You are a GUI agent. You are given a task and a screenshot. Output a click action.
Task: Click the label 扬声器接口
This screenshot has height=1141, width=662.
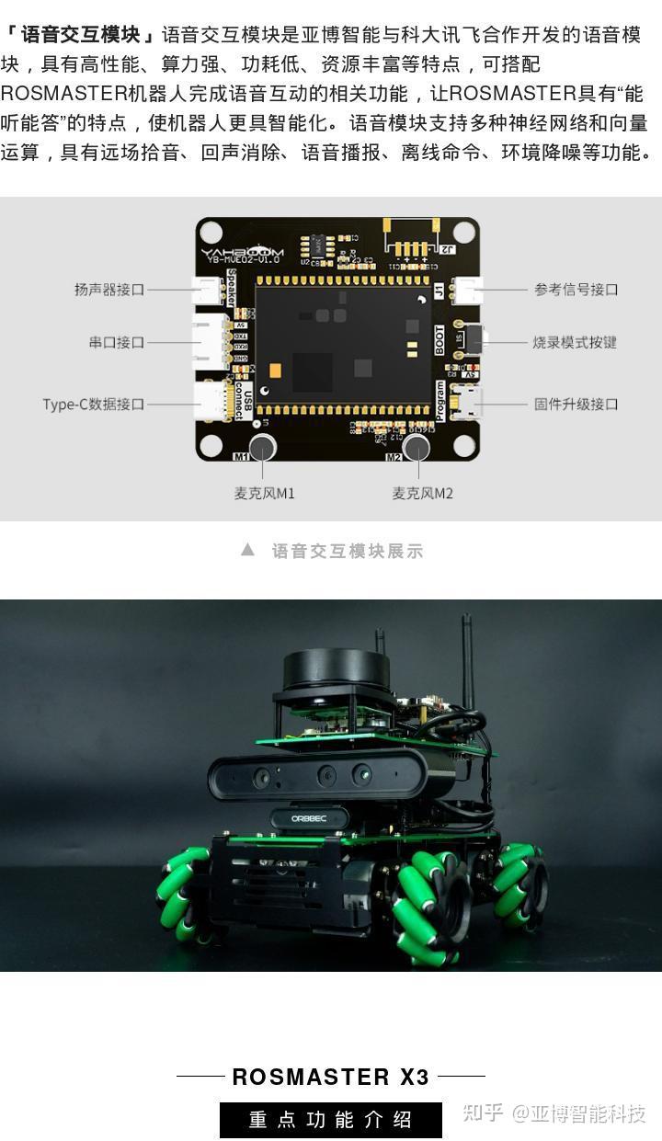point(109,290)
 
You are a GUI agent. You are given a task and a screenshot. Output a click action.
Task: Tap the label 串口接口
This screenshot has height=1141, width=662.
point(117,343)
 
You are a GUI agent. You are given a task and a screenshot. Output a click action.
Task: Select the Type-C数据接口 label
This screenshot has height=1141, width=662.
point(94,405)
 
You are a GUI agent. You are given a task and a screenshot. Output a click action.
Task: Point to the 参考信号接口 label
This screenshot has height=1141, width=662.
point(576,290)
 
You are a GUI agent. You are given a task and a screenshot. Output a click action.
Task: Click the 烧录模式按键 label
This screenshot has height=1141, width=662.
point(575,343)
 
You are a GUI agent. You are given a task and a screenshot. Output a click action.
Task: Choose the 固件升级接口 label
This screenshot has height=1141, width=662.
point(576,405)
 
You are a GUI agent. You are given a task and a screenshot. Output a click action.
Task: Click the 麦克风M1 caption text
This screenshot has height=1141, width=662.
point(265,494)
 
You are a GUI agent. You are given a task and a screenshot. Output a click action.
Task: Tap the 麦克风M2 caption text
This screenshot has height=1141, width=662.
point(423,494)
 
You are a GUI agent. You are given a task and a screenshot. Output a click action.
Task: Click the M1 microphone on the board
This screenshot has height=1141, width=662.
point(262,448)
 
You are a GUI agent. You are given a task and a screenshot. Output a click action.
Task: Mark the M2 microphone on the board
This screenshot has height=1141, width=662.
point(417,448)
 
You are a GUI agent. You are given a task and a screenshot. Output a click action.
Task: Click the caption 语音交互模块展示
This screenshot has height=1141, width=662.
point(348,552)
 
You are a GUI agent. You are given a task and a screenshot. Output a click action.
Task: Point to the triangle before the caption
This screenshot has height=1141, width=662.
point(247,550)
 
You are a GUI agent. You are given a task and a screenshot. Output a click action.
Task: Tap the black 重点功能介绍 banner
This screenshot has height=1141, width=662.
point(331,1120)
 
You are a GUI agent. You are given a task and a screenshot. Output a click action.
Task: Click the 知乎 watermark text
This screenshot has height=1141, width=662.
point(483,1113)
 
